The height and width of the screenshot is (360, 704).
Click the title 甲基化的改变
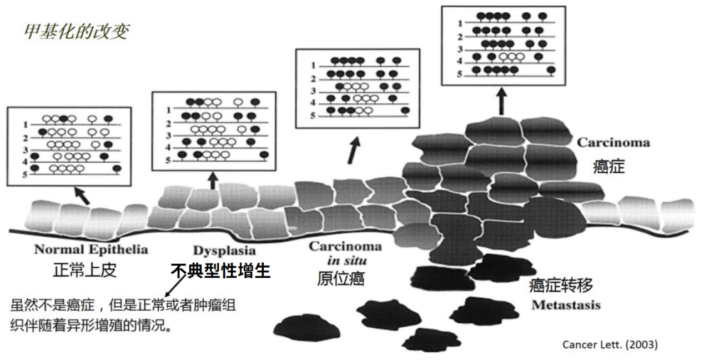[x=77, y=32]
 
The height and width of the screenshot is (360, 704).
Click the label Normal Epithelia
[x=91, y=249]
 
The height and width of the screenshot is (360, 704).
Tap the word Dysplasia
[x=224, y=251]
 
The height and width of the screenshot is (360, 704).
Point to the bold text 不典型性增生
[x=220, y=271]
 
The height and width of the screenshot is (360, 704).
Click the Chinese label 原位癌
[x=341, y=278]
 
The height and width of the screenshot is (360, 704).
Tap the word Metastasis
[x=566, y=305]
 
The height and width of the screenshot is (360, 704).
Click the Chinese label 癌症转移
[x=561, y=286]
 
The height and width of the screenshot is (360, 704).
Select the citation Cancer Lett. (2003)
[x=610, y=345]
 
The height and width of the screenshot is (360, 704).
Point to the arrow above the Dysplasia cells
[x=213, y=180]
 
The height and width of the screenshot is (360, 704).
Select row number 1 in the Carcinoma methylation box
[x=460, y=23]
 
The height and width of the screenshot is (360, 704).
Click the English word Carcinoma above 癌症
[x=613, y=143]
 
